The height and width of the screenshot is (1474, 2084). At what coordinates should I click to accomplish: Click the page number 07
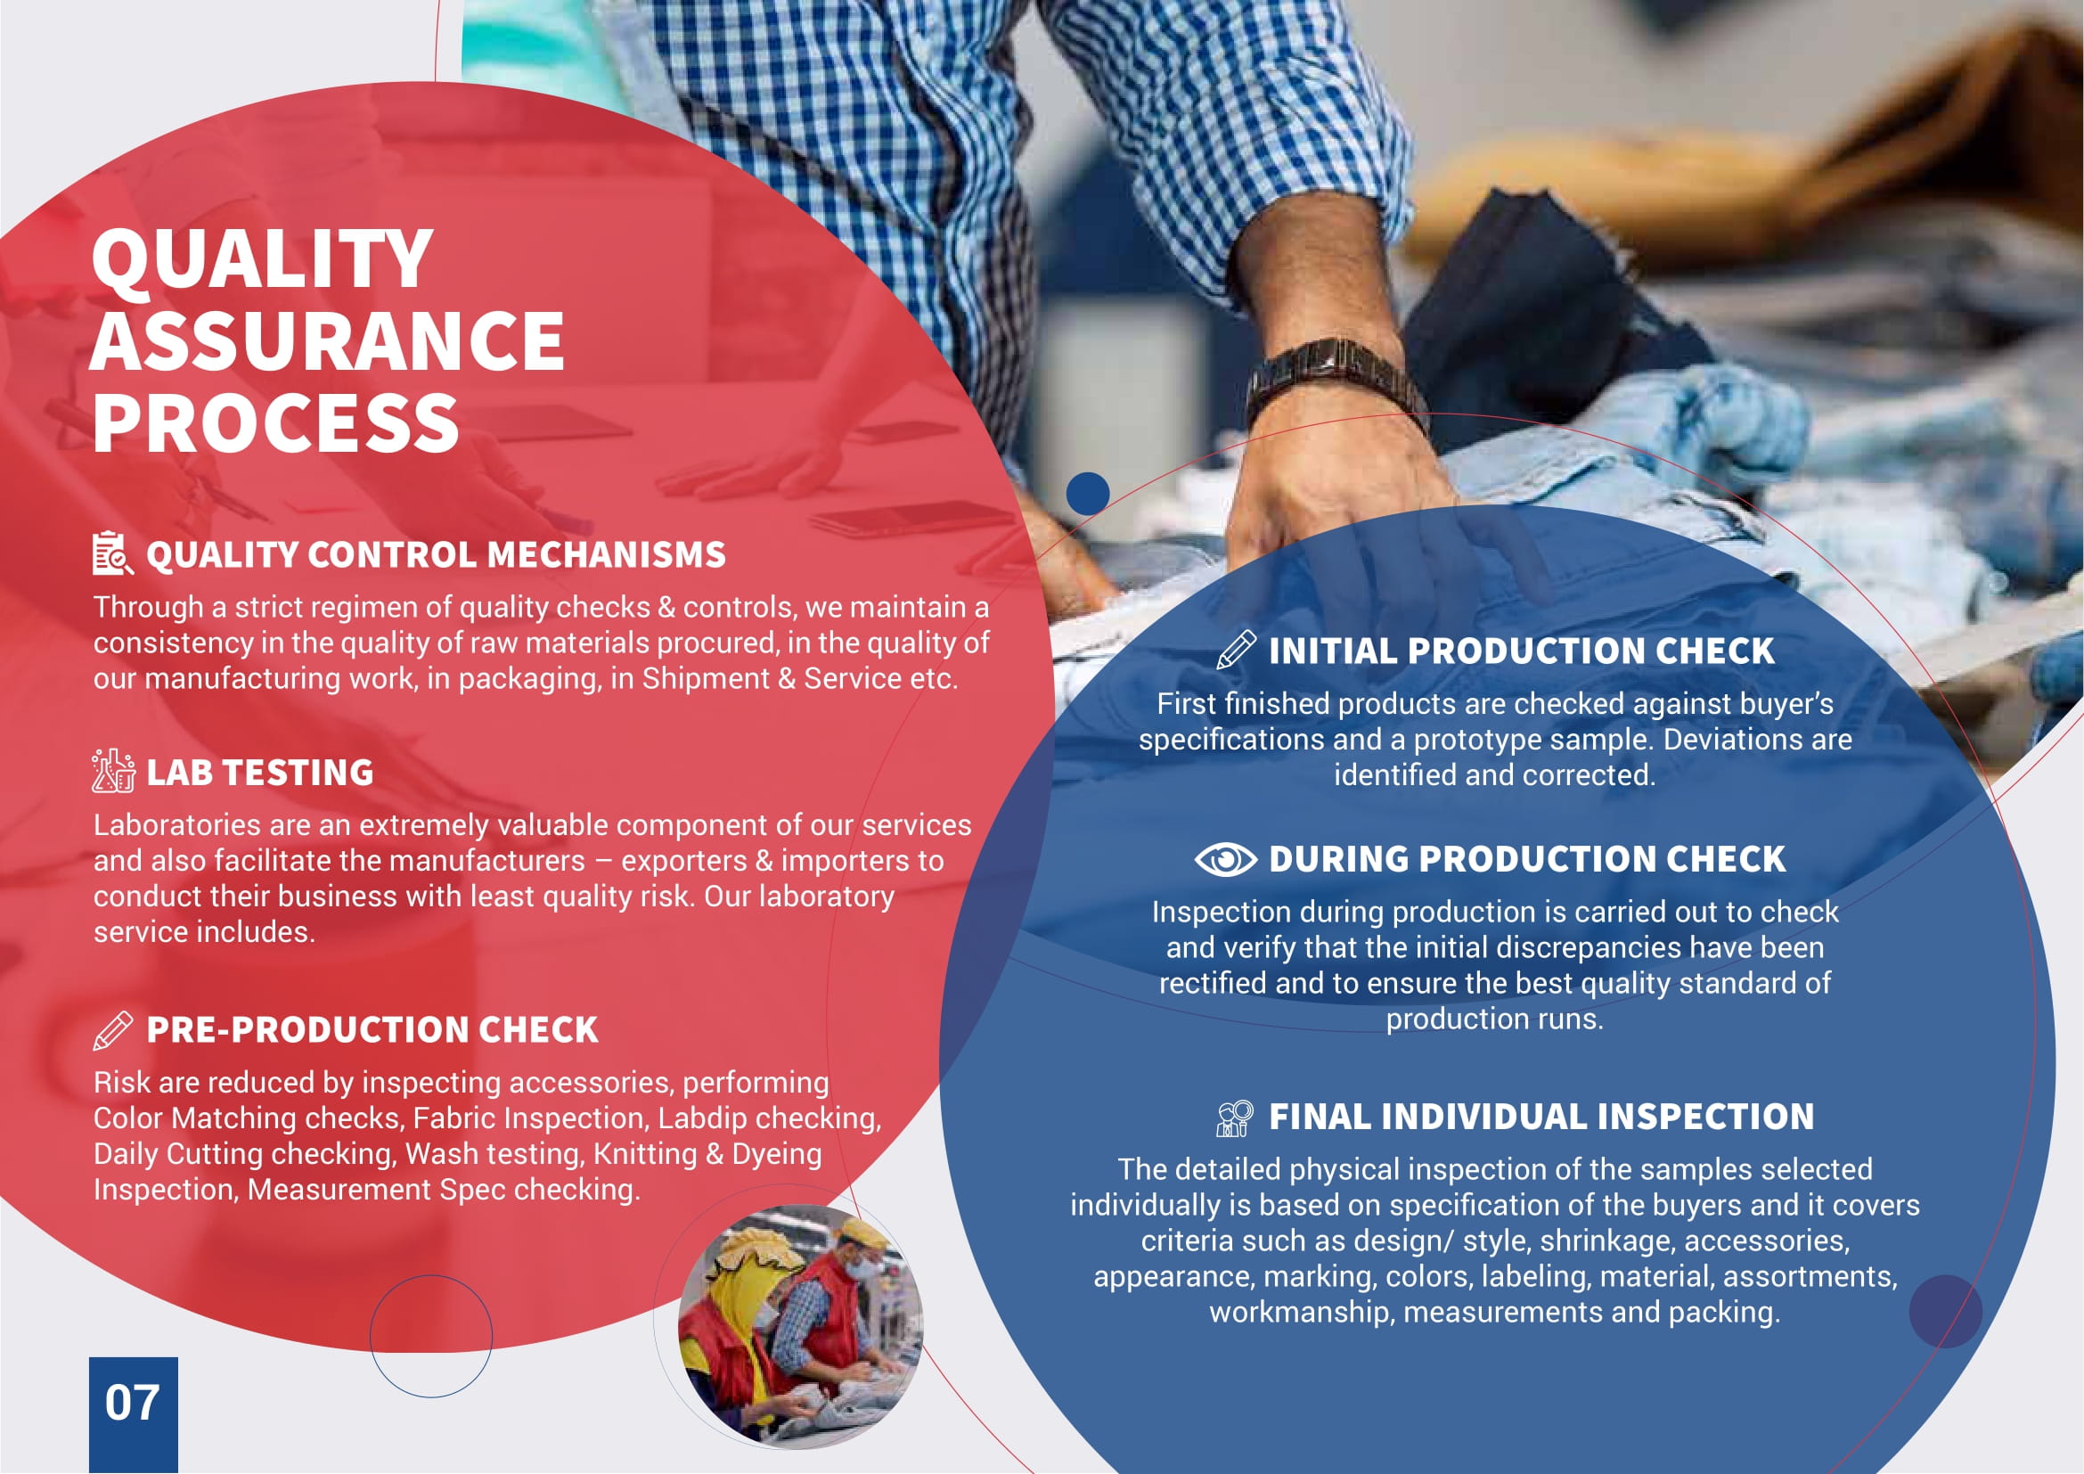133,1403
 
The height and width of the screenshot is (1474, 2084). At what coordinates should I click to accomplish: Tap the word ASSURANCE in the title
328,340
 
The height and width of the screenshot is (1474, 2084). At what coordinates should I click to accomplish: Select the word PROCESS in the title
276,423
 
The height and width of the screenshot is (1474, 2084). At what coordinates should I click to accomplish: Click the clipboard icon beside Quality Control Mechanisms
112,553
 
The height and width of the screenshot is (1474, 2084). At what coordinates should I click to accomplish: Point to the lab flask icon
113,771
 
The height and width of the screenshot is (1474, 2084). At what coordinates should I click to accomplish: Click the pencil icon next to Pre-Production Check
112,1030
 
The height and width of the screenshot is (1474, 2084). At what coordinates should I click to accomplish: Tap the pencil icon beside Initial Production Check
1235,650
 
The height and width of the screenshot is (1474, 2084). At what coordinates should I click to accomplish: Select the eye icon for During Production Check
1225,858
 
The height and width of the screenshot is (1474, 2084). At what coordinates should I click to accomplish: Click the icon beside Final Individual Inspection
1234,1118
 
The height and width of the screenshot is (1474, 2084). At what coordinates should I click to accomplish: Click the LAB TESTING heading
259,773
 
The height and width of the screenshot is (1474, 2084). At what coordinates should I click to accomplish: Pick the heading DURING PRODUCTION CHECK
1527,858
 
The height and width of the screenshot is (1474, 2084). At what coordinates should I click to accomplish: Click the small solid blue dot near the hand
1087,494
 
